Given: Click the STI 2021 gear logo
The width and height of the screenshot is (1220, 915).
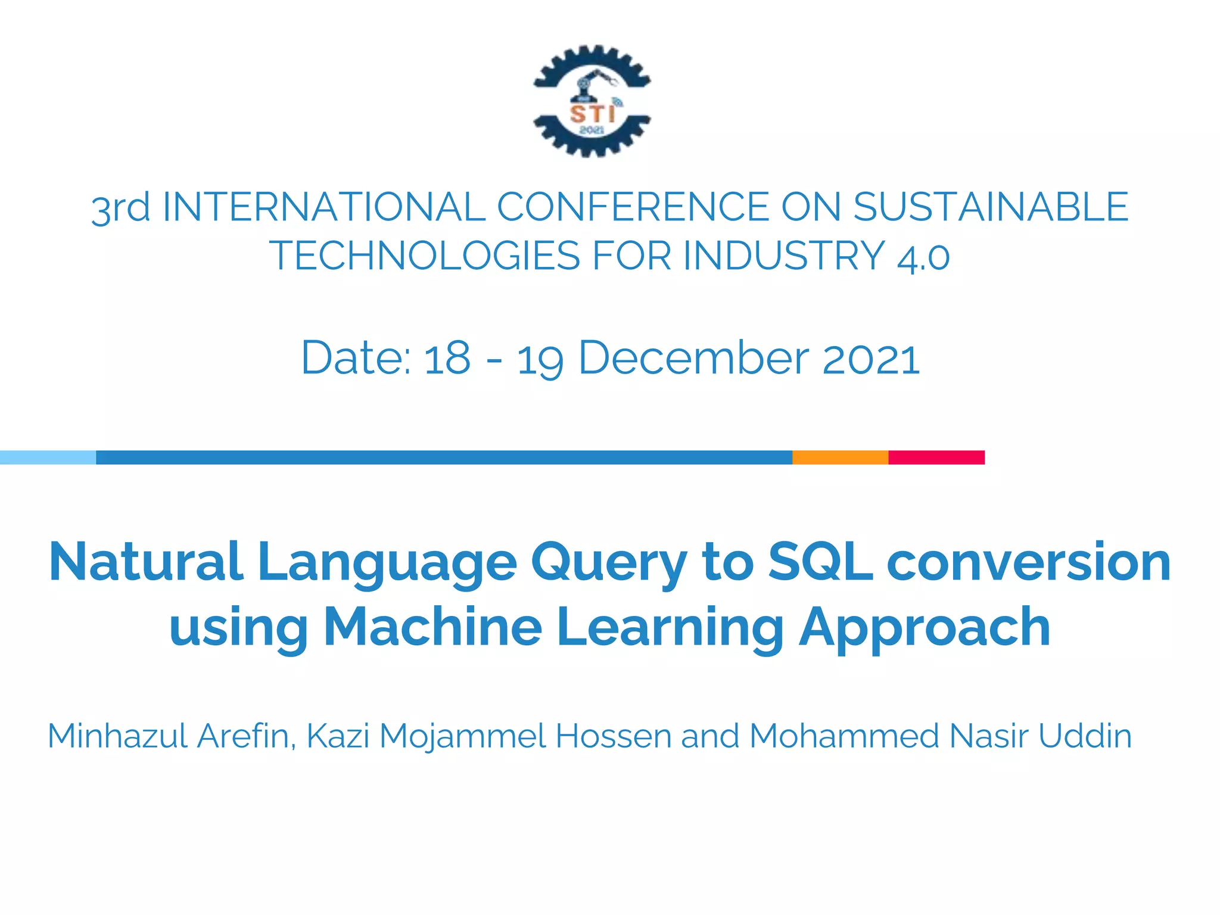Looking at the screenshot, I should [x=592, y=101].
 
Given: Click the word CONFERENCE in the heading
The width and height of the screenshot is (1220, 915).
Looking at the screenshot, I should [x=633, y=207].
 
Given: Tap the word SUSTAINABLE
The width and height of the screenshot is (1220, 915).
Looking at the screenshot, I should [x=991, y=207].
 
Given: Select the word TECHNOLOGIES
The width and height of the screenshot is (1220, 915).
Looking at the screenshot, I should [x=424, y=256].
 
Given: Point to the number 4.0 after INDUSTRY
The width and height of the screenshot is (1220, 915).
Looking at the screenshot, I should [x=923, y=257].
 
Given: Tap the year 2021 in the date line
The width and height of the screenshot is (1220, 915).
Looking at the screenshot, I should [x=871, y=359].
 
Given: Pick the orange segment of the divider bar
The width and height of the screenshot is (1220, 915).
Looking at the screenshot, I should [x=840, y=457].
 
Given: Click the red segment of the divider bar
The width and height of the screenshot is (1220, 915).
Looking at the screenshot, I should [x=936, y=457].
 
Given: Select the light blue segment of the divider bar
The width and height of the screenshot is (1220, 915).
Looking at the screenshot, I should [x=48, y=457].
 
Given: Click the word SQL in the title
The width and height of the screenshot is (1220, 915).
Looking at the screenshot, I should [x=820, y=562].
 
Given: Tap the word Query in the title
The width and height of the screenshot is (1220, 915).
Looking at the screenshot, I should [x=609, y=563].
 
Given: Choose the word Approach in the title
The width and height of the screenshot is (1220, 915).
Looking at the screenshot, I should [x=925, y=628].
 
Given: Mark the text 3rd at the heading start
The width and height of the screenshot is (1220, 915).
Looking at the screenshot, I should [x=120, y=208].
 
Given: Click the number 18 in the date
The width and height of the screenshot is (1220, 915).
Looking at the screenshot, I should [x=447, y=359].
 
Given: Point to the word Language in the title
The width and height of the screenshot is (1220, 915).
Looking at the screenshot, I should [x=387, y=563].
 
